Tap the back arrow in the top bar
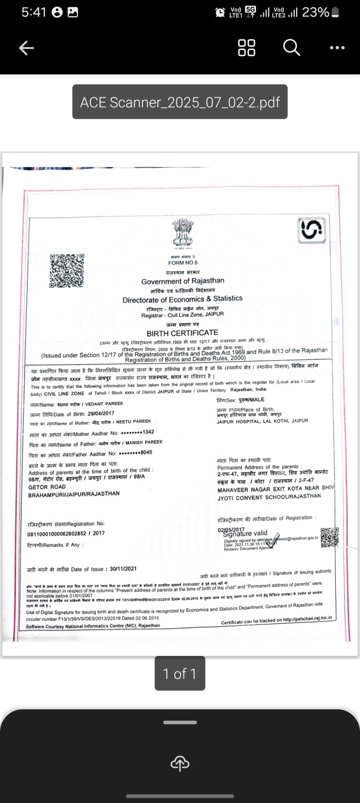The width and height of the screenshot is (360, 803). (x=26, y=48)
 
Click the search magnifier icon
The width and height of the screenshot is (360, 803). (x=291, y=48)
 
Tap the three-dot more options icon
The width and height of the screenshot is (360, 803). (x=337, y=48)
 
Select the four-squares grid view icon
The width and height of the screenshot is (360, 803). (x=247, y=48)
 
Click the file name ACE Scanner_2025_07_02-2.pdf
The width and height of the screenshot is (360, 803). (x=179, y=102)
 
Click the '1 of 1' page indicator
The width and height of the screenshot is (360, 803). (x=179, y=673)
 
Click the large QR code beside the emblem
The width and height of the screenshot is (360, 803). (x=67, y=270)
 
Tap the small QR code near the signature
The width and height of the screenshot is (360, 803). (x=330, y=537)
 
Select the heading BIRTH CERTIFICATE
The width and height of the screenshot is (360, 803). (x=182, y=333)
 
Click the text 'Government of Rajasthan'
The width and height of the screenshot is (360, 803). (x=183, y=281)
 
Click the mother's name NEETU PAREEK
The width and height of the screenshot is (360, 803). (x=129, y=421)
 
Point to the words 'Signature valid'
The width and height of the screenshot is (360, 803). (x=245, y=533)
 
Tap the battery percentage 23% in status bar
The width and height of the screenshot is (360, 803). (x=315, y=12)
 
